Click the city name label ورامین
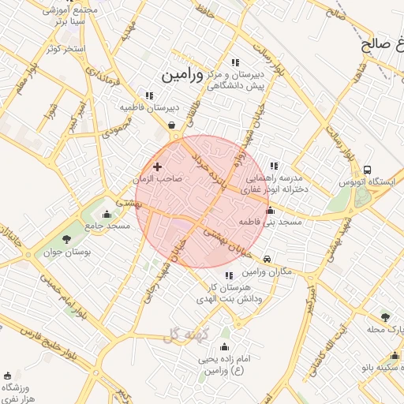coord(182,76)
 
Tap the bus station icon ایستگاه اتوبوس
coord(368,170)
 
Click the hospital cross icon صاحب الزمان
coord(157,166)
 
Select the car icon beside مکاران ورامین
coord(267,259)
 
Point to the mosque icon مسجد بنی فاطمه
coord(271,211)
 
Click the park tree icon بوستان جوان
coord(65,239)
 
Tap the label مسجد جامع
coord(108,226)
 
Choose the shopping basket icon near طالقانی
coord(171,125)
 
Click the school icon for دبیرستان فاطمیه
coord(148,95)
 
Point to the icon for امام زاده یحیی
coord(224,346)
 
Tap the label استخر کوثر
coord(65,49)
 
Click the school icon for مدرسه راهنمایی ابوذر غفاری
coord(274,166)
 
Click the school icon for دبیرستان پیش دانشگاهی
coord(234,62)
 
